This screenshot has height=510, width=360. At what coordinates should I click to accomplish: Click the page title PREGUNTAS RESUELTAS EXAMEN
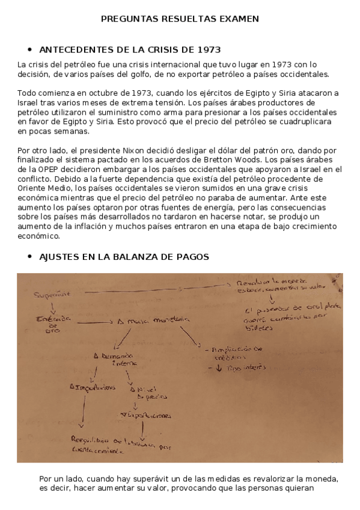click(180, 19)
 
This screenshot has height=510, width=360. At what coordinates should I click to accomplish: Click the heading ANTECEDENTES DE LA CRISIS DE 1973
click(129, 49)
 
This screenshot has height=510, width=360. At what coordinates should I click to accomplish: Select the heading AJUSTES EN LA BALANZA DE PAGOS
click(124, 257)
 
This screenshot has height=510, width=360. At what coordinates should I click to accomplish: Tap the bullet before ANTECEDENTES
click(29, 49)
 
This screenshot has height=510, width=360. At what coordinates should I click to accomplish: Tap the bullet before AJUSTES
click(29, 257)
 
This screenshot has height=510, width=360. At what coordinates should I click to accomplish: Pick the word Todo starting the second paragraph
click(27, 93)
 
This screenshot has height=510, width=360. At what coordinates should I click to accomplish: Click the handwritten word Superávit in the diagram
click(52, 293)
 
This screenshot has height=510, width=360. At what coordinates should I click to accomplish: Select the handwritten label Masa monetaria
click(153, 320)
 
